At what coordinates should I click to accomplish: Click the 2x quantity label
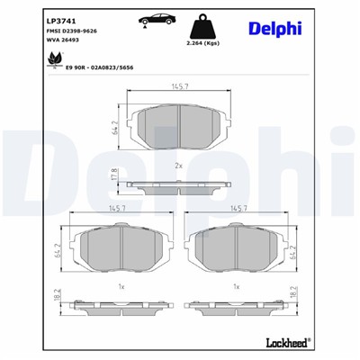tap(179, 166)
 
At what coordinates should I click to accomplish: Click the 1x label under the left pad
tap(121, 287)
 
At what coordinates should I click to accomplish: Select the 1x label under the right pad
tap(237, 287)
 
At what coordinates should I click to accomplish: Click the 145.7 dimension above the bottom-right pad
tap(238, 209)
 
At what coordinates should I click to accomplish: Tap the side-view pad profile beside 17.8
tap(180, 185)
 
